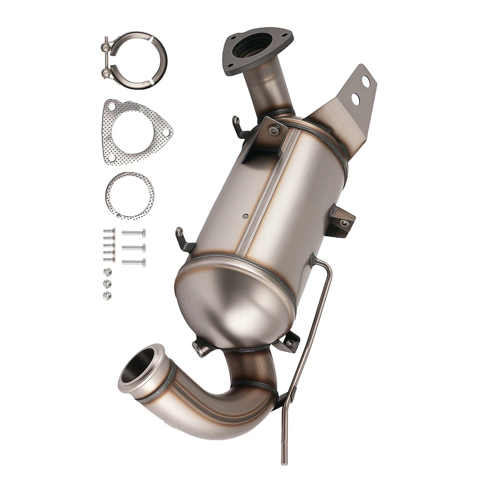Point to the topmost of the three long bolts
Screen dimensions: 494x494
[x=134, y=233]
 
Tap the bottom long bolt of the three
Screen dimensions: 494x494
[x=134, y=262]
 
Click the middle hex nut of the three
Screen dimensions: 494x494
[x=107, y=284]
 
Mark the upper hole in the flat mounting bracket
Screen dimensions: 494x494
[x=365, y=81]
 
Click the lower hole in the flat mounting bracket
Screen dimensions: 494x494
[x=355, y=98]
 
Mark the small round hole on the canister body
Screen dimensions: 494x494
[x=245, y=216]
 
